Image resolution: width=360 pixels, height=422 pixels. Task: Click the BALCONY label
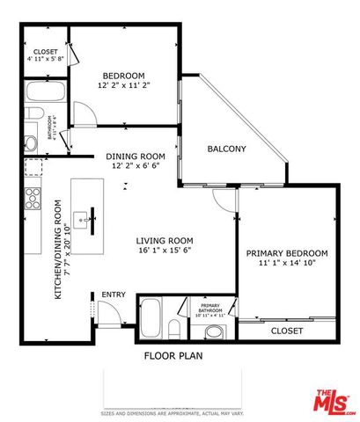pos(226,149)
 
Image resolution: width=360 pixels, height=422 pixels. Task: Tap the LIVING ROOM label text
pos(164,240)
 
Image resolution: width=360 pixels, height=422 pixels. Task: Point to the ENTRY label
pos(113,295)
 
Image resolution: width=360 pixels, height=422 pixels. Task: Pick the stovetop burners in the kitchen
pos(33,197)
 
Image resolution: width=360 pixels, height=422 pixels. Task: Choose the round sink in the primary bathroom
pos(214,332)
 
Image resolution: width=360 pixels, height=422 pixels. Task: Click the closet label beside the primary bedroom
pos(287,331)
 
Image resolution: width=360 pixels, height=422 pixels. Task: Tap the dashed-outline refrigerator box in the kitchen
pos(33,169)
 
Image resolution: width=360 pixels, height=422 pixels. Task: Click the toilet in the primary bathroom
pos(174,330)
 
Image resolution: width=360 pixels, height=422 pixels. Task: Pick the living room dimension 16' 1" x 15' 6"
pos(164,251)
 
